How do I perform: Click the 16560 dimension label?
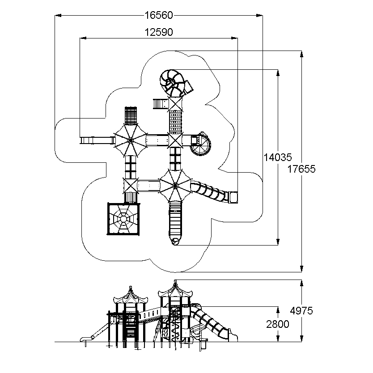click(x=159, y=15)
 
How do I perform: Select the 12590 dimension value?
click(x=159, y=32)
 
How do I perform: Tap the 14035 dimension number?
click(x=278, y=157)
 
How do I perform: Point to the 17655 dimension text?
click(x=301, y=169)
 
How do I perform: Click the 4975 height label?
click(x=301, y=311)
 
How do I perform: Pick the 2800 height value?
click(x=278, y=324)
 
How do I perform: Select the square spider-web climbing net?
click(x=123, y=219)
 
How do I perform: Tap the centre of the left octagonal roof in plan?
click(x=130, y=140)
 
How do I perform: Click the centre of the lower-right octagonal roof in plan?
click(x=175, y=185)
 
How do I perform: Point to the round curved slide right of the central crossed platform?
click(x=201, y=144)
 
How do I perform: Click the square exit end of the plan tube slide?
click(x=233, y=197)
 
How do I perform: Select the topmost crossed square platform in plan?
click(x=175, y=104)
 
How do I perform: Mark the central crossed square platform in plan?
click(x=175, y=140)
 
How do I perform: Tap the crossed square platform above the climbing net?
click(x=131, y=186)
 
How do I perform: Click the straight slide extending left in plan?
click(x=97, y=140)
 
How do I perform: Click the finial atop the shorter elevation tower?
click(x=130, y=289)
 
